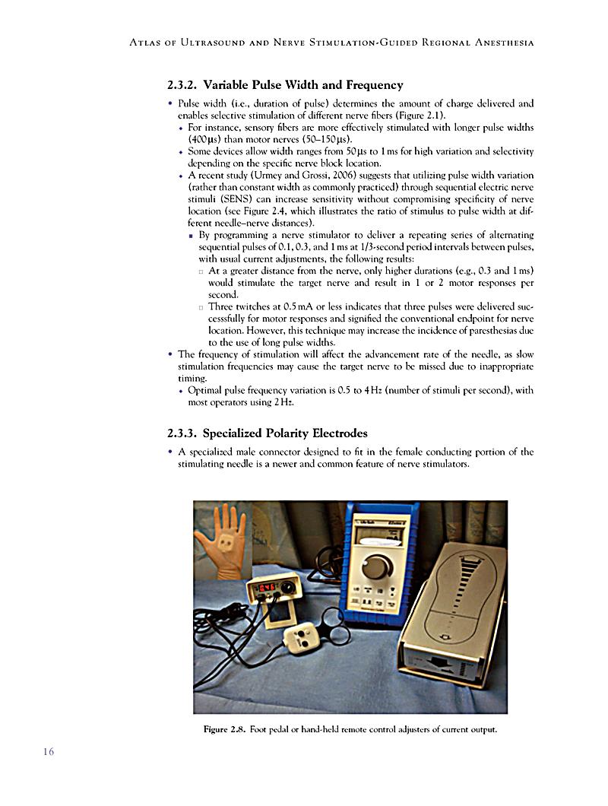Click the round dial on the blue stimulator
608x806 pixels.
click(x=376, y=566)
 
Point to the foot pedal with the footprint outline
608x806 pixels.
click(x=454, y=608)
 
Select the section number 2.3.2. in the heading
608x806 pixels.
click(x=182, y=84)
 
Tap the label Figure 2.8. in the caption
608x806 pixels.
click(x=224, y=730)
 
